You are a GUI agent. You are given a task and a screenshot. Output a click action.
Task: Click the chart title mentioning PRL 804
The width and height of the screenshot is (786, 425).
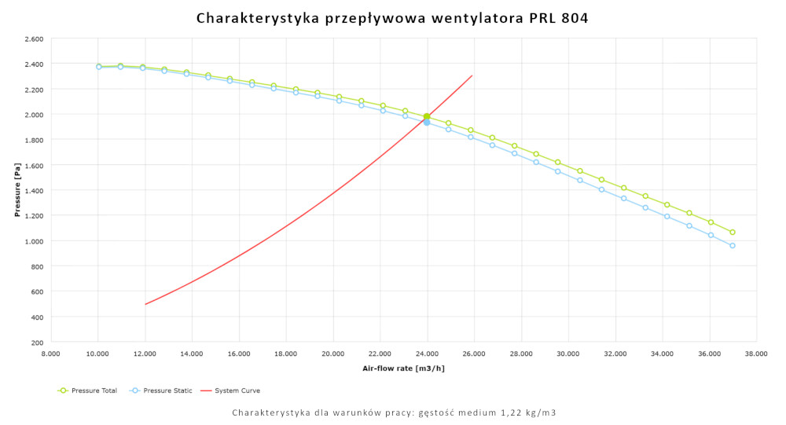pyautogui.click(x=392, y=16)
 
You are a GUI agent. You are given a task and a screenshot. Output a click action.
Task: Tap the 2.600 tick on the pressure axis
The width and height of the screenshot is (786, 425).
pyautogui.click(x=34, y=38)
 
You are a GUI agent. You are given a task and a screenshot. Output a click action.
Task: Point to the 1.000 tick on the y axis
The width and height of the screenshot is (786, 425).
pyautogui.click(x=34, y=241)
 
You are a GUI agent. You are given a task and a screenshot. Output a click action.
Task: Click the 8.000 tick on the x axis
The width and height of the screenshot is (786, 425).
pyautogui.click(x=50, y=354)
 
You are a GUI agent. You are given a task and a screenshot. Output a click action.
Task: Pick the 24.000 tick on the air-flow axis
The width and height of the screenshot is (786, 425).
pyautogui.click(x=427, y=354)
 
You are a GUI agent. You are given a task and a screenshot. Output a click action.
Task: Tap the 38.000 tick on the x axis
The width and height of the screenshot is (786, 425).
pyautogui.click(x=756, y=354)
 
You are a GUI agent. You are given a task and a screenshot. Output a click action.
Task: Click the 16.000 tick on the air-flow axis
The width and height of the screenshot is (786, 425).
pyautogui.click(x=239, y=354)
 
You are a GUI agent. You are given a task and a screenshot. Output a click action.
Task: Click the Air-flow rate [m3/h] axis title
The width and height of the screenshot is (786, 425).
pyautogui.click(x=403, y=368)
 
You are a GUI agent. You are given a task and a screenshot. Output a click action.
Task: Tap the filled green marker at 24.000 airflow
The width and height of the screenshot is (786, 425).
pyautogui.click(x=427, y=116)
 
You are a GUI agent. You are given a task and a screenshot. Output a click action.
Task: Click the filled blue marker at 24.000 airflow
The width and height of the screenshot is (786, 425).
pyautogui.click(x=427, y=123)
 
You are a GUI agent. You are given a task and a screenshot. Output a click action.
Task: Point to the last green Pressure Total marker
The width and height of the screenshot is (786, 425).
pyautogui.click(x=733, y=233)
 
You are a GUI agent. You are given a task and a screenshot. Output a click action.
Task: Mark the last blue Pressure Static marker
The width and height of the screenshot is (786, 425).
pyautogui.click(x=733, y=246)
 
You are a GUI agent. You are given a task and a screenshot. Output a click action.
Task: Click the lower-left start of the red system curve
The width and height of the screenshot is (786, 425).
pyautogui.click(x=145, y=304)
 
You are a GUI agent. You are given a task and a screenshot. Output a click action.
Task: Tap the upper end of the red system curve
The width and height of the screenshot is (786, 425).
pyautogui.click(x=472, y=76)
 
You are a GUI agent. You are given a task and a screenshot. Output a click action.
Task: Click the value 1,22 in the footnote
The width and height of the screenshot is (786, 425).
pyautogui.click(x=512, y=412)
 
